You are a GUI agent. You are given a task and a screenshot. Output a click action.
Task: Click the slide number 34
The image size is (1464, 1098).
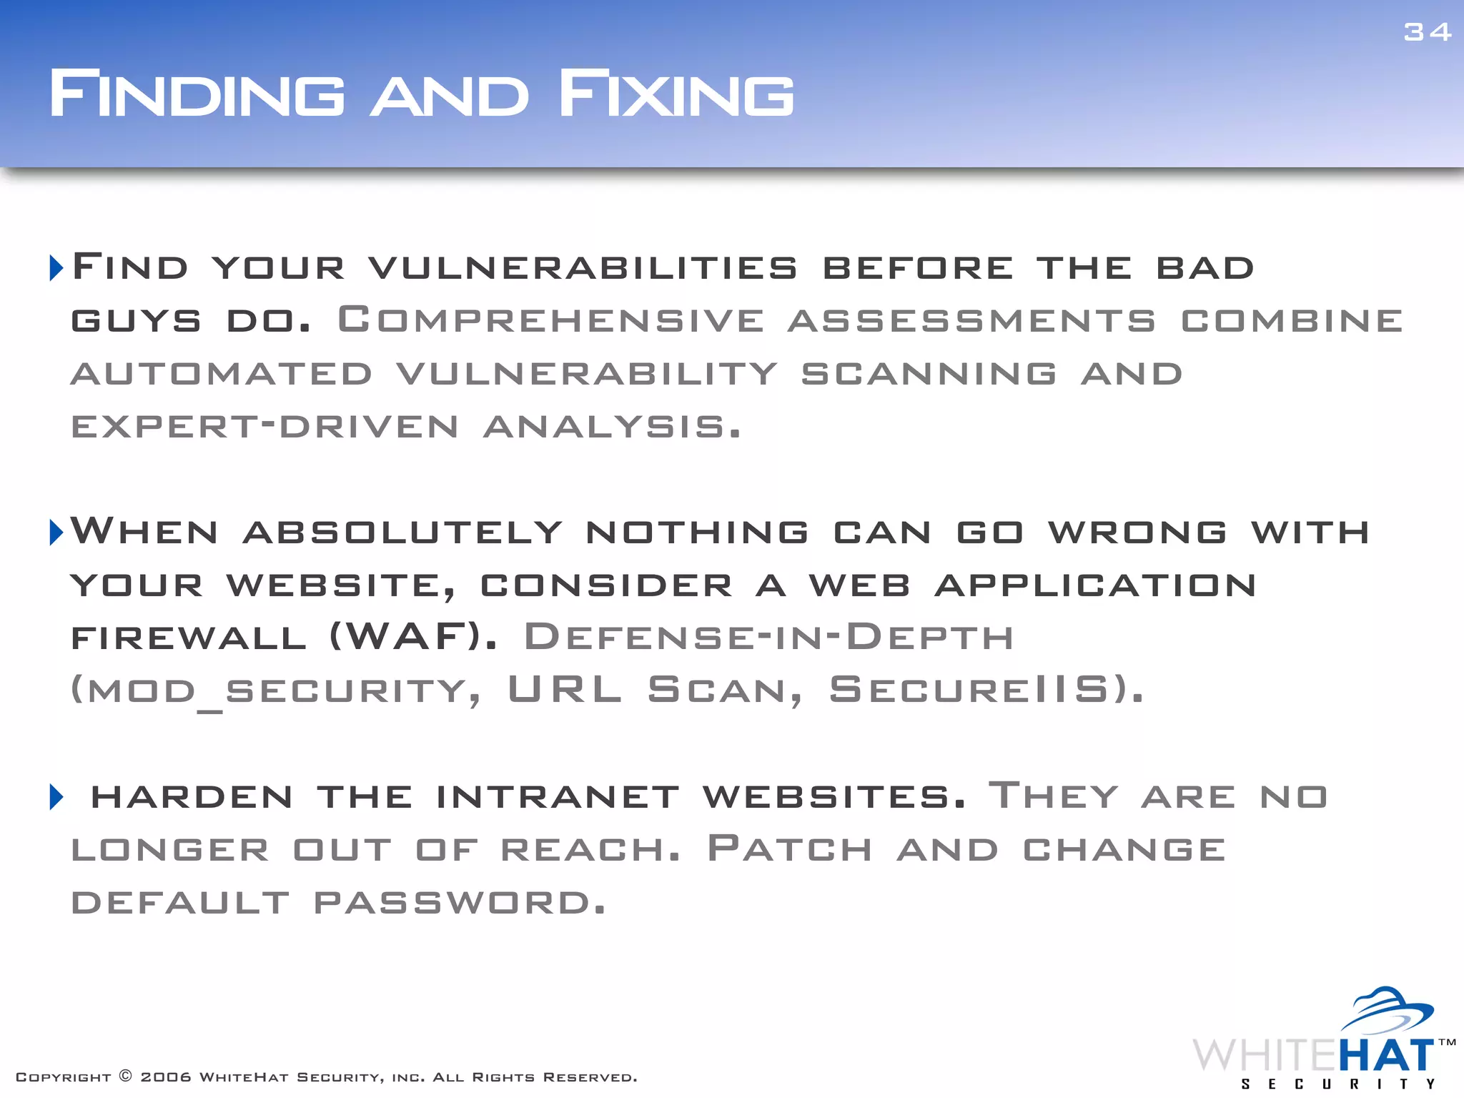1427,32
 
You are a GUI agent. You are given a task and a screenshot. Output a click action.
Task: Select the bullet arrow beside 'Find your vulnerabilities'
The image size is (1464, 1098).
56,267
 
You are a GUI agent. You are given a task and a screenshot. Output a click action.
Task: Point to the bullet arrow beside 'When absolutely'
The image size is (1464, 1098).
56,532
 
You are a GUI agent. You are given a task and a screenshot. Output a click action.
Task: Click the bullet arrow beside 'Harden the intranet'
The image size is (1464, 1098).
56,796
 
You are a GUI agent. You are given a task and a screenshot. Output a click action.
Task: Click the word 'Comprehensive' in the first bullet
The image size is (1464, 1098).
550,320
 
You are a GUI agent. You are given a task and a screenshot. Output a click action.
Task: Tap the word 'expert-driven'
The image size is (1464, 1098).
264,427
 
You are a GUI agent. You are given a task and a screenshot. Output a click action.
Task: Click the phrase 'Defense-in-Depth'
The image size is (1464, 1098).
768,636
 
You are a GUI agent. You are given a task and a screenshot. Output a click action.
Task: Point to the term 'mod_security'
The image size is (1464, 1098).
275,691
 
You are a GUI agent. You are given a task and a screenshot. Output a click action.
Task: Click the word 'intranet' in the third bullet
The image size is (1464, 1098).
558,797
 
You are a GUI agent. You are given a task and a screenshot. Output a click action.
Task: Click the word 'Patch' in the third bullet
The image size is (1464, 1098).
790,849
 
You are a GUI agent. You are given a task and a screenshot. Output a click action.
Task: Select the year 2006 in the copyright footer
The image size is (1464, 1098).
166,1077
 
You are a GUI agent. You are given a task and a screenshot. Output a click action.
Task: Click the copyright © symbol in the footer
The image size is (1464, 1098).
125,1077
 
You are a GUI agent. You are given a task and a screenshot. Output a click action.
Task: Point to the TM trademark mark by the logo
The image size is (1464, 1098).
1447,1042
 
